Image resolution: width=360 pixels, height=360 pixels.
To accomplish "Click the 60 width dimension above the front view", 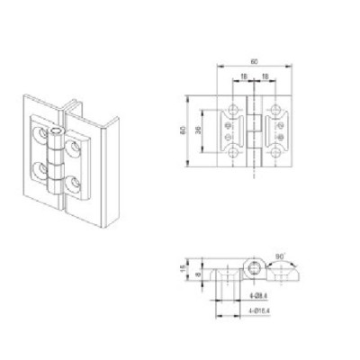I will coord(254,61).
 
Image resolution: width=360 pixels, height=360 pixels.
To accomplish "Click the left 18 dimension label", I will coord(243,77).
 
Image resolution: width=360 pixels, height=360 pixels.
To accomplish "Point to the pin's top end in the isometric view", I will coord(56,135).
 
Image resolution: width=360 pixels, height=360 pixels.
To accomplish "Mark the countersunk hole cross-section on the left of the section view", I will coord(217,272).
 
